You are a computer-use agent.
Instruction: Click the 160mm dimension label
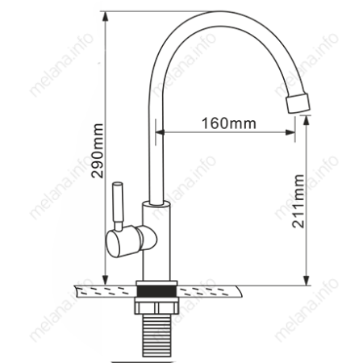pos(229,123)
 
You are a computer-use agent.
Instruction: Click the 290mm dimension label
pos(97,151)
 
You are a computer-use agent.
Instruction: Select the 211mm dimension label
pos(298,202)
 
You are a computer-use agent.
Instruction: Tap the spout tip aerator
pos(298,102)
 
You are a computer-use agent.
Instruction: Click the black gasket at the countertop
pos(156,292)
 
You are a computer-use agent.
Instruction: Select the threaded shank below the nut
pos(156,336)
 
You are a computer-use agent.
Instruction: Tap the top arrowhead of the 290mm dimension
pos(106,17)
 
